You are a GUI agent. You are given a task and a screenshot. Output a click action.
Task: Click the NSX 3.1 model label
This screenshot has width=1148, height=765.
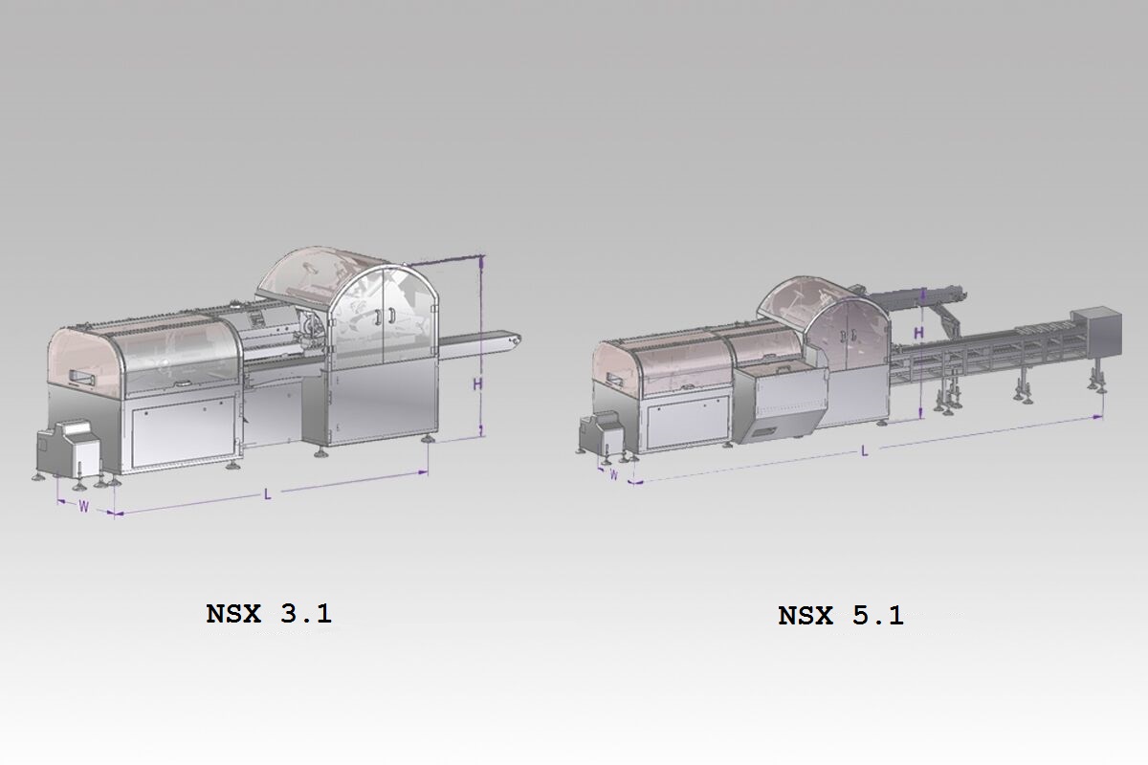point(269,613)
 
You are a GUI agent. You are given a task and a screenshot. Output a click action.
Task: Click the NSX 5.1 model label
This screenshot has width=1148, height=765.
point(841,616)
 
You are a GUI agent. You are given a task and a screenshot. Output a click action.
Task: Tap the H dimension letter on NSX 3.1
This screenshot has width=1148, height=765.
point(477,383)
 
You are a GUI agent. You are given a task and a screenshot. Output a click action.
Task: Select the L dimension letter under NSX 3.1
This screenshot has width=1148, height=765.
point(268,494)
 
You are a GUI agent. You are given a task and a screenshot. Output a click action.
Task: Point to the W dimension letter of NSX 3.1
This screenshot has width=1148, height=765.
point(83,507)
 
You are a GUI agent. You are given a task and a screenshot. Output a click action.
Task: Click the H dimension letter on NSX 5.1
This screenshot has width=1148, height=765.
point(919,333)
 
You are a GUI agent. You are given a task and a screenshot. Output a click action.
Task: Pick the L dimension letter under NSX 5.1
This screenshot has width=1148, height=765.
point(865,451)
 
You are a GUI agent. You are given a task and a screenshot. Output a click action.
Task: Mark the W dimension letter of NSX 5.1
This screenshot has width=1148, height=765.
point(613,475)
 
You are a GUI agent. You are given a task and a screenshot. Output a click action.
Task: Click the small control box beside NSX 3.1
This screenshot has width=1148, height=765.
point(69,448)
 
